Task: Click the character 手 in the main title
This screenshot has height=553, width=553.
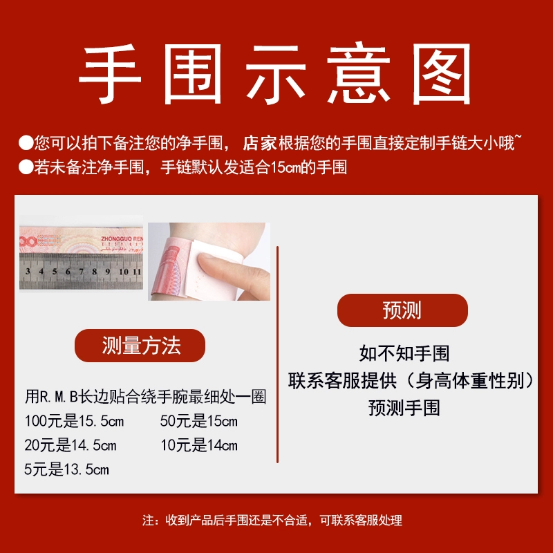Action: pyautogui.click(x=110, y=74)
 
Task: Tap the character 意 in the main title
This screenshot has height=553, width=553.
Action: pyautogui.click(x=358, y=73)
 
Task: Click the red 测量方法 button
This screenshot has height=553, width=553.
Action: pyautogui.click(x=140, y=345)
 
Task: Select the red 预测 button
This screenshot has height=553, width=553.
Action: pyautogui.click(x=402, y=310)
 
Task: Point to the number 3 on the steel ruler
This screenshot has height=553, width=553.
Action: pyautogui.click(x=28, y=271)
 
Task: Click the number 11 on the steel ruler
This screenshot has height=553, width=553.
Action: pyautogui.click(x=136, y=272)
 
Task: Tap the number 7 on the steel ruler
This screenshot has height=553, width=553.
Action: pyautogui.click(x=81, y=271)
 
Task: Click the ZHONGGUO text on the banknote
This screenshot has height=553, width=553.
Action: pyautogui.click(x=115, y=238)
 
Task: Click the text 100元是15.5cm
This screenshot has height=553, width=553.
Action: pyautogui.click(x=74, y=421)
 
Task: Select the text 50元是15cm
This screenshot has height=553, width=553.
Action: pyautogui.click(x=199, y=421)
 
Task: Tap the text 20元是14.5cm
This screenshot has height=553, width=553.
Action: pyautogui.click(x=71, y=445)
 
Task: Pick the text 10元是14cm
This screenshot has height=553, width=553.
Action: pyautogui.click(x=199, y=445)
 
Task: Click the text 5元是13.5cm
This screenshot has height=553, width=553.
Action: pyautogui.click(x=66, y=469)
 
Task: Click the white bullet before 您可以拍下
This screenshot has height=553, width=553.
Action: pyautogui.click(x=26, y=143)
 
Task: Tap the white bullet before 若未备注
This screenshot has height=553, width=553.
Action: pyautogui.click(x=26, y=167)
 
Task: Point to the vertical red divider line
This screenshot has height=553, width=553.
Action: pyautogui.click(x=278, y=355)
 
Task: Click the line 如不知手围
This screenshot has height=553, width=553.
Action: pyautogui.click(x=404, y=353)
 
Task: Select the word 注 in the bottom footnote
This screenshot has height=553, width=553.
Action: pyautogui.click(x=148, y=521)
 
